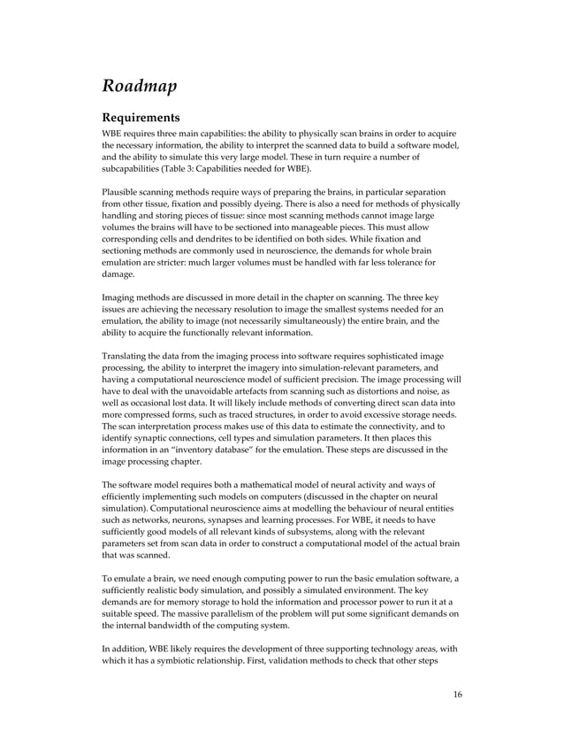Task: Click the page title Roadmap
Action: tap(140, 86)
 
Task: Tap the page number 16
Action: tap(456, 693)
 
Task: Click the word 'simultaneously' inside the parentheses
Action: tap(299, 320)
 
